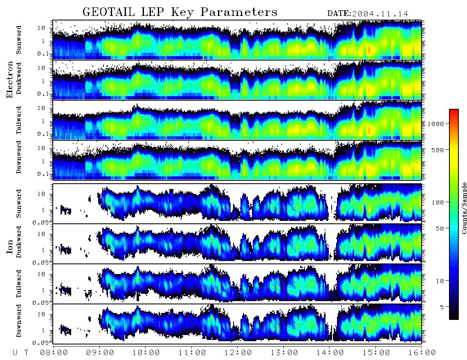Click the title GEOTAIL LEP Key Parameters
[x=180, y=12]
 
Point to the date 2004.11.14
[x=380, y=14]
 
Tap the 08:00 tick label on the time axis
[x=54, y=353]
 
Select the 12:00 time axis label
[x=238, y=353]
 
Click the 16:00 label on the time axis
[x=422, y=353]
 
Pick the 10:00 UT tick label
[x=146, y=353]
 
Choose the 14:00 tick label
[x=330, y=353]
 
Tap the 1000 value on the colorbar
[x=436, y=124]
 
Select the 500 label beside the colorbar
[x=438, y=150]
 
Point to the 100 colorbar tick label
[x=438, y=202]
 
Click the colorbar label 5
[x=442, y=307]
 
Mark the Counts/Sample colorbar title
[x=464, y=208]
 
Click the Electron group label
[x=10, y=79]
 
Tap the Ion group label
[x=10, y=246]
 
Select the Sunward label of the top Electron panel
[x=19, y=40]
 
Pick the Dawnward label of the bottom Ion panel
[x=19, y=320]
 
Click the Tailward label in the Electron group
[x=19, y=120]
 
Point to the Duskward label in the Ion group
[x=19, y=242]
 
